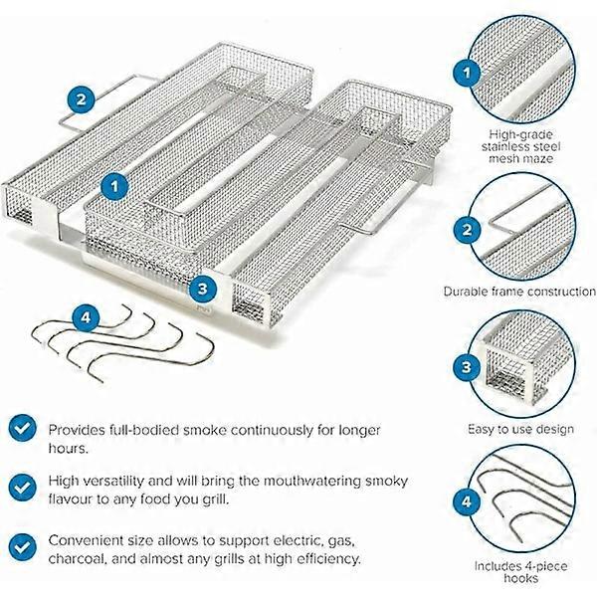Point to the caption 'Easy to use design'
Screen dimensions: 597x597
(520, 430)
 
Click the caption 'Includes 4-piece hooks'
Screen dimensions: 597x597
(520, 571)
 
